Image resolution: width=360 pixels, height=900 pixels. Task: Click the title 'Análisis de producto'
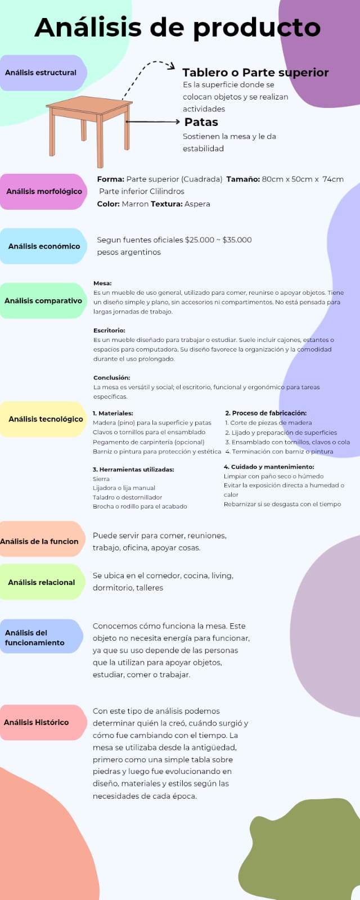[178, 28]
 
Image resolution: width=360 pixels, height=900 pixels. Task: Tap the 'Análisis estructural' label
[41, 73]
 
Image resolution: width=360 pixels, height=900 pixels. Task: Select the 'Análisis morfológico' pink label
[44, 191]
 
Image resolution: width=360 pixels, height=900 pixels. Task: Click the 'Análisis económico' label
[44, 246]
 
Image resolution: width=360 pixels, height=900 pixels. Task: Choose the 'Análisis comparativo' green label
[43, 301]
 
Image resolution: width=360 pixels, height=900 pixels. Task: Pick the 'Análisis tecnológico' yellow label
[46, 419]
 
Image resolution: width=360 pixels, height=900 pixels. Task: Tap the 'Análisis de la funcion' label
[39, 541]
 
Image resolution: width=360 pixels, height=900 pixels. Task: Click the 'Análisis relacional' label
[42, 582]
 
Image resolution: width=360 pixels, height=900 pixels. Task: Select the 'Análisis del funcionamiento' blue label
[35, 637]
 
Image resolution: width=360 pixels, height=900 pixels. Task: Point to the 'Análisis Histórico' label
[37, 722]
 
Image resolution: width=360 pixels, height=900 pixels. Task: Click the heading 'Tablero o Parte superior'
[255, 73]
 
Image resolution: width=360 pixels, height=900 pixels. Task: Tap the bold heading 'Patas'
[201, 122]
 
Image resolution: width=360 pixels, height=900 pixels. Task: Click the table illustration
[90, 129]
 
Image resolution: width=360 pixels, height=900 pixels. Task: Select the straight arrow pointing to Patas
[152, 121]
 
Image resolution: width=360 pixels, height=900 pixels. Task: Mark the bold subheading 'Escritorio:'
[109, 330]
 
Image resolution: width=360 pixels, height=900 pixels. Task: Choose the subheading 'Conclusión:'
[111, 377]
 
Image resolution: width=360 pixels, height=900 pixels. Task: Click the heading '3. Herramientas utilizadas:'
[133, 469]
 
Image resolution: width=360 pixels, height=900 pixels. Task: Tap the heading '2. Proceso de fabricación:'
[265, 413]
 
